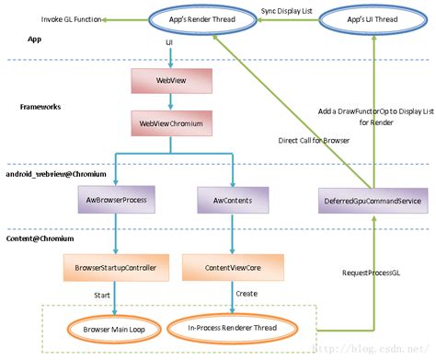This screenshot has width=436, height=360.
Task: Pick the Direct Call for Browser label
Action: [x=313, y=141]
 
